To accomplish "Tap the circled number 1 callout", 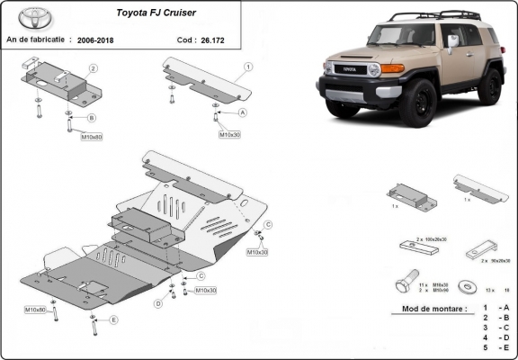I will pos(248,67).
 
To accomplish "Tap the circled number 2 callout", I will pos(94,68).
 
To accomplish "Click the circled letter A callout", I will pos(243,112).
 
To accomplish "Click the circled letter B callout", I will pos(91,118).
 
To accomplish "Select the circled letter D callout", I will pos(158,304).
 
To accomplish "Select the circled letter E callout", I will pos(113,319).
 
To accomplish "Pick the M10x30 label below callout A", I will pos(230,134).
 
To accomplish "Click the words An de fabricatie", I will pos(37,40).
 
